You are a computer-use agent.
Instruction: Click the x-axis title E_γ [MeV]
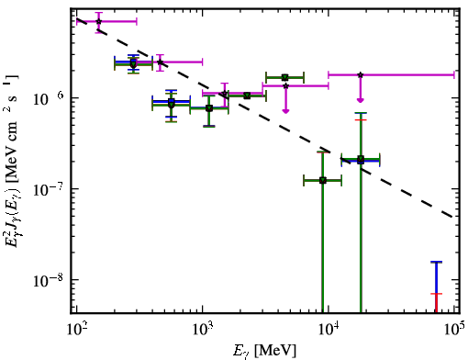tap(264, 350)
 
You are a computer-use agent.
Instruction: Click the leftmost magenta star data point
tap(98, 21)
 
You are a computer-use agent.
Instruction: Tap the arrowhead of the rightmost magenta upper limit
tap(361, 100)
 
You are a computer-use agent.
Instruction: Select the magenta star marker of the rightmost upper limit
tap(361, 74)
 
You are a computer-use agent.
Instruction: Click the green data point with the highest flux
tap(284, 77)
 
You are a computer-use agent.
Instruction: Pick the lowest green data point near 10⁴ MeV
tap(323, 180)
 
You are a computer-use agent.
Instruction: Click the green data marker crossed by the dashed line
tap(361, 160)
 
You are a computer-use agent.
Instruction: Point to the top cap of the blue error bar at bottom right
tap(437, 262)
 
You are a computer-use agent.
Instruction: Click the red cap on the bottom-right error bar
tap(437, 294)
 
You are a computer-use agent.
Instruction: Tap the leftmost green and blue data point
tap(133, 63)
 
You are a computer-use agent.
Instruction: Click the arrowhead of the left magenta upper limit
tap(285, 110)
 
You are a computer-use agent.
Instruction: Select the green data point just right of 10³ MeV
tap(209, 108)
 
